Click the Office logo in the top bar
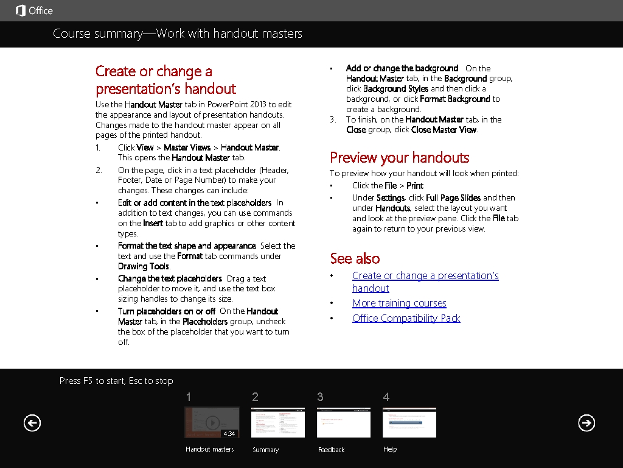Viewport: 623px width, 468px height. tap(33, 10)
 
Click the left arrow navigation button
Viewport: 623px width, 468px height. tap(32, 423)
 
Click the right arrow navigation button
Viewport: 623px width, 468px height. tap(586, 423)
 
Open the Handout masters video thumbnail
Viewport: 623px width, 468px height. tap(212, 422)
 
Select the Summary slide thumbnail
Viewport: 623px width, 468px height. tap(278, 422)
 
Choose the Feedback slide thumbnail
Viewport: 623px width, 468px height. tap(343, 422)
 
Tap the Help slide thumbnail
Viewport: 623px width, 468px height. tap(409, 422)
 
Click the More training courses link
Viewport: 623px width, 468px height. tap(399, 303)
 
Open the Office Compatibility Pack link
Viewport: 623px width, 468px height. tap(406, 318)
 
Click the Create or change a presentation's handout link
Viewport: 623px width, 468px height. tap(425, 276)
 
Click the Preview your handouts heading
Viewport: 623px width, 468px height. tap(399, 158)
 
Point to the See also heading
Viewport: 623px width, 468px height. tap(355, 258)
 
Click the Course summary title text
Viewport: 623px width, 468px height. tap(177, 34)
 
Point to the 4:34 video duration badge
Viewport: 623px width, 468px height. tap(229, 434)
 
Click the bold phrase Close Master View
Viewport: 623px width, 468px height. tap(444, 130)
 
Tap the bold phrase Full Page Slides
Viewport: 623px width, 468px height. tap(453, 198)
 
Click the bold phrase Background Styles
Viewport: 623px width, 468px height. tap(395, 89)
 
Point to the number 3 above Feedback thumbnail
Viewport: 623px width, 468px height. tap(320, 397)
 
